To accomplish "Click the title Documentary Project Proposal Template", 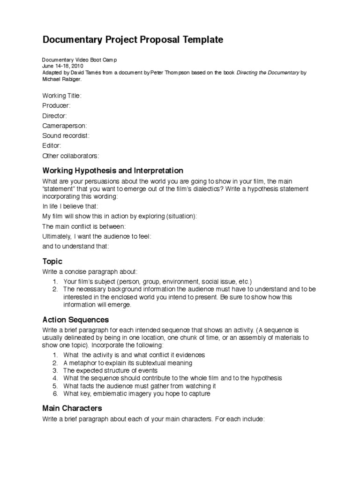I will (133, 40).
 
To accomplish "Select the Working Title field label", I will (62, 96).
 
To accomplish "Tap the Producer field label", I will (56, 105).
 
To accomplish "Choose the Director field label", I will (55, 116).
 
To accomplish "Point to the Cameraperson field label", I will (65, 126).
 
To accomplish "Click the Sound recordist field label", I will (66, 135).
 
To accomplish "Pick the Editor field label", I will (52, 146).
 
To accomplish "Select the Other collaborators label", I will (71, 156).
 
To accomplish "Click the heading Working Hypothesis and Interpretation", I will (112, 170).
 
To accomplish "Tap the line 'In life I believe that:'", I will (71, 206).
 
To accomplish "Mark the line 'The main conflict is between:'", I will (84, 226).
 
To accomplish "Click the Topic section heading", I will (52, 261).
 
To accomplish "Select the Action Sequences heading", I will (75, 320).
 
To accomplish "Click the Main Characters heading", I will (72, 408).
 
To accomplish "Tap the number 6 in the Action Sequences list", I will (54, 394).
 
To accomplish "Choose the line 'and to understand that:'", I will (75, 246).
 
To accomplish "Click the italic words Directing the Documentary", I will (268, 73).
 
